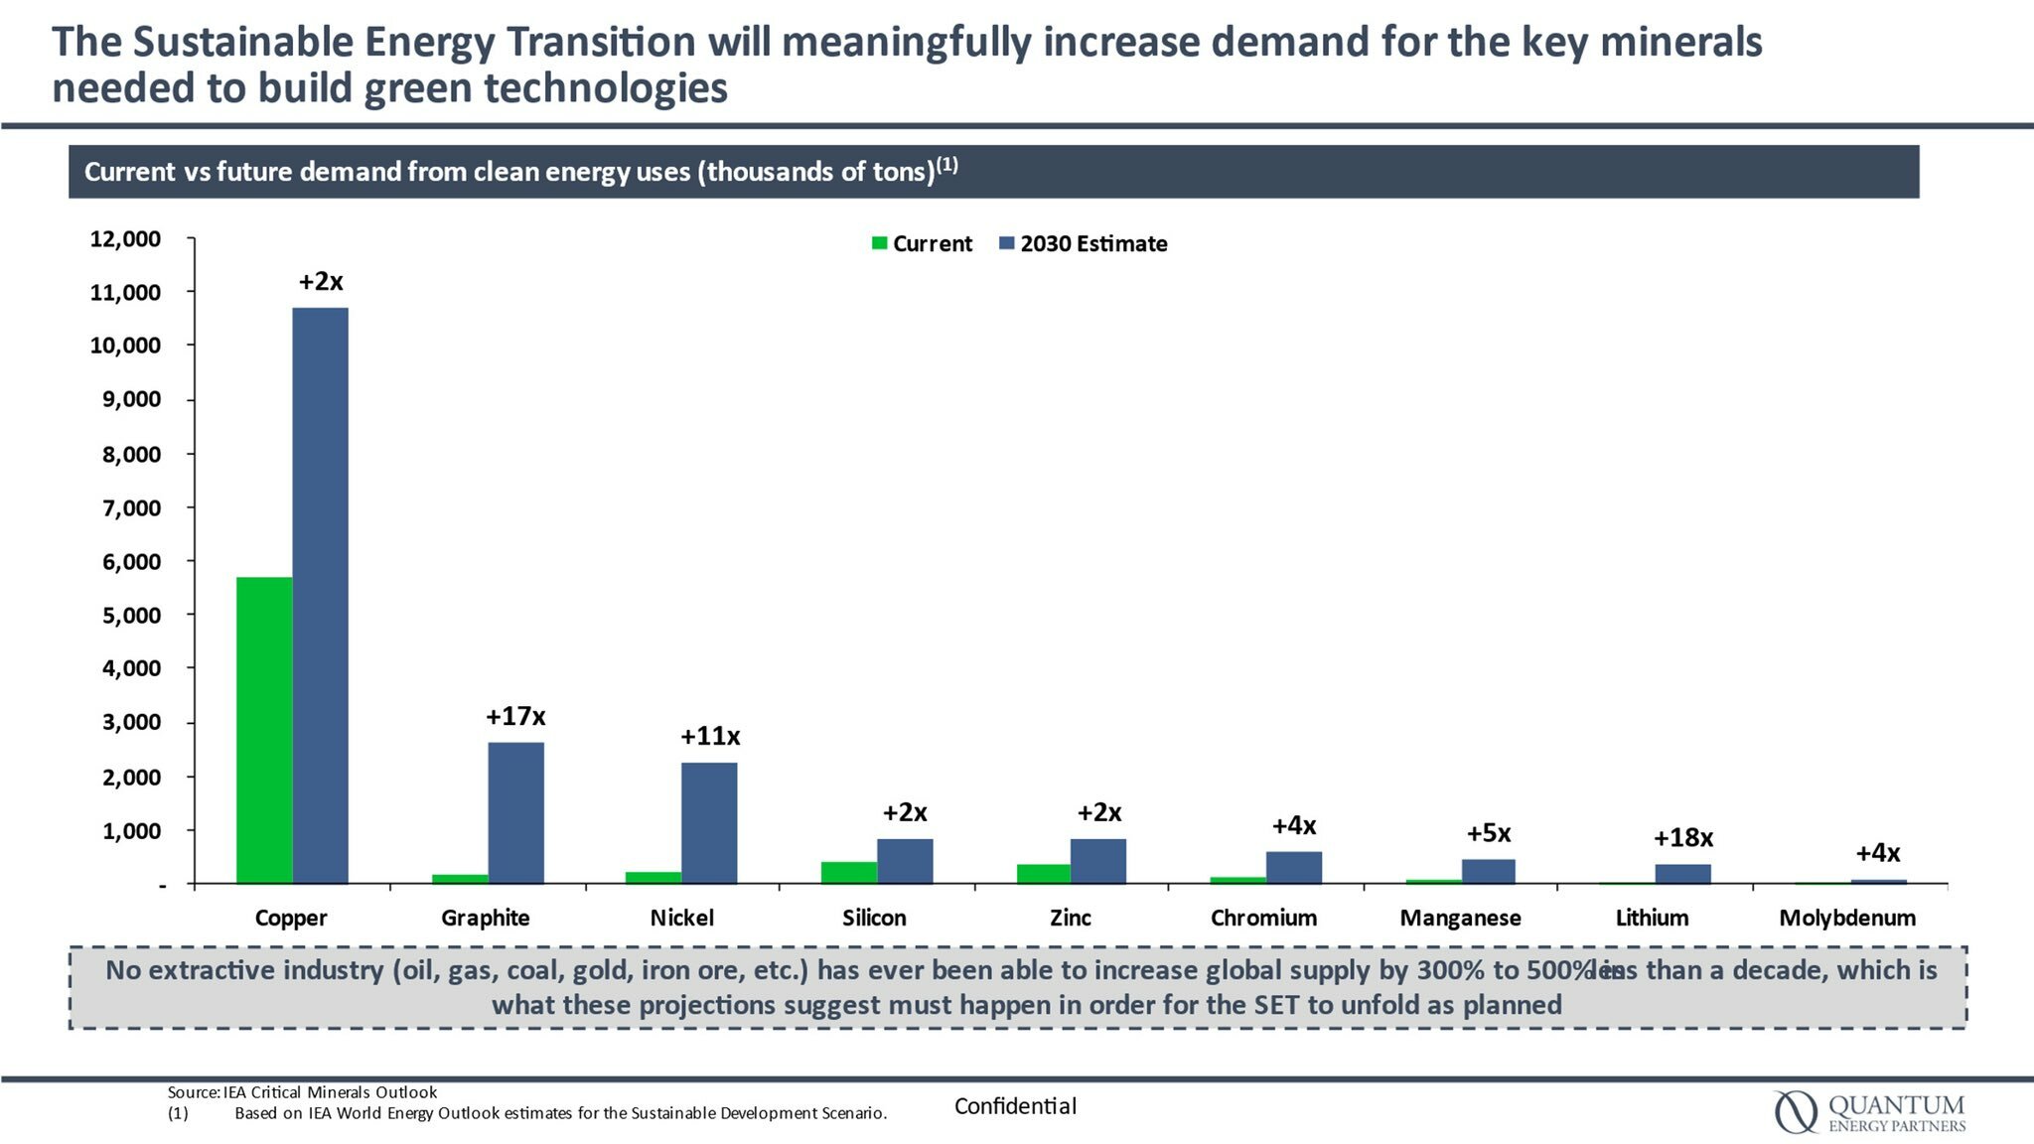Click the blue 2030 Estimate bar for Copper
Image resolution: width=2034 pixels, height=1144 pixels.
pyautogui.click(x=320, y=596)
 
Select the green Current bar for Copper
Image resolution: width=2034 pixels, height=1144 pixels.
pyautogui.click(x=264, y=730)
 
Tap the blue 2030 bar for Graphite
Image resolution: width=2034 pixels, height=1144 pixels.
pyautogui.click(x=515, y=812)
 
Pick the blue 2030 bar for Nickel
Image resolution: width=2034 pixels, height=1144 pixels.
pyautogui.click(x=709, y=822)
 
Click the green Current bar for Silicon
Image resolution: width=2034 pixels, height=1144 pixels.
pyautogui.click(x=848, y=872)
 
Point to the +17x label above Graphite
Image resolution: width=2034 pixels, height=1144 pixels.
pyautogui.click(x=515, y=717)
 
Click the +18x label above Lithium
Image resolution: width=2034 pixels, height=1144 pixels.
pyautogui.click(x=1682, y=838)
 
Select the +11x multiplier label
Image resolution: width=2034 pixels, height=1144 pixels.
pyautogui.click(x=709, y=737)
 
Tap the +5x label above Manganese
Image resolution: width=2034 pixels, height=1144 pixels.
pyautogui.click(x=1488, y=833)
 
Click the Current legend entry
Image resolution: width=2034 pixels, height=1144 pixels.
pyautogui.click(x=922, y=244)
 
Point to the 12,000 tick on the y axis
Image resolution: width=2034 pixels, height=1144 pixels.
pyautogui.click(x=125, y=239)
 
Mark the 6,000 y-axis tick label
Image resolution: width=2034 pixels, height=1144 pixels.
pyautogui.click(x=131, y=562)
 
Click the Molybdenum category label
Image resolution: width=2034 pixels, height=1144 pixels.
pyautogui.click(x=1846, y=918)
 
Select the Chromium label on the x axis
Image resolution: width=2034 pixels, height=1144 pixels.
pyautogui.click(x=1263, y=918)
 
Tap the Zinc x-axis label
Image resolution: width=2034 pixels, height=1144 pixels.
pyautogui.click(x=1070, y=918)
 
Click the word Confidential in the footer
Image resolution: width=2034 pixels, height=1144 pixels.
pyautogui.click(x=1015, y=1106)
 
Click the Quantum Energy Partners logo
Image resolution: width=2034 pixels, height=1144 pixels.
pyautogui.click(x=1869, y=1112)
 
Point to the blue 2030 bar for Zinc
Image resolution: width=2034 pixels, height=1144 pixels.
pyautogui.click(x=1097, y=861)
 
